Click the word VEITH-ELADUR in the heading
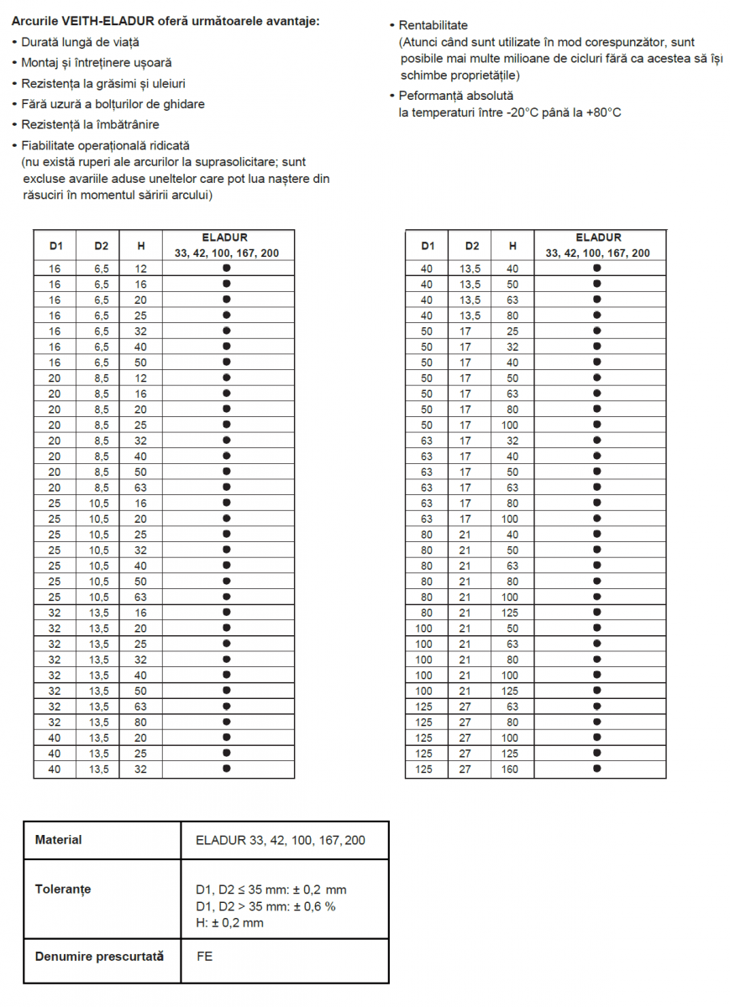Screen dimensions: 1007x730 (100, 21)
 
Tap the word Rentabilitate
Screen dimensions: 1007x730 (433, 25)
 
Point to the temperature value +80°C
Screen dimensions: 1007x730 (604, 112)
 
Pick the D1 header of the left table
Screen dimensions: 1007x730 (55, 246)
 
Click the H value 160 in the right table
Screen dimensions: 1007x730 (511, 769)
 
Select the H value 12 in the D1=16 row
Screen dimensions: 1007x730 (141, 269)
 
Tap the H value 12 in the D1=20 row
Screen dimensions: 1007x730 (141, 378)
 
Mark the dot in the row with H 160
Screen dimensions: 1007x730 (597, 769)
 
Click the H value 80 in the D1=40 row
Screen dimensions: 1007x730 (511, 316)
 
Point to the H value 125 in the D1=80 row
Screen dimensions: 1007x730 (511, 613)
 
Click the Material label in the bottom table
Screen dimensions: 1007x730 (59, 839)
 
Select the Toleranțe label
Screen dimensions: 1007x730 (63, 889)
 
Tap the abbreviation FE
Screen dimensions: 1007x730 (204, 956)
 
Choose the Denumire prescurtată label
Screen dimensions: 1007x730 (99, 956)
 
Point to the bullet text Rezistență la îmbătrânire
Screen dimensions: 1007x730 (90, 125)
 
